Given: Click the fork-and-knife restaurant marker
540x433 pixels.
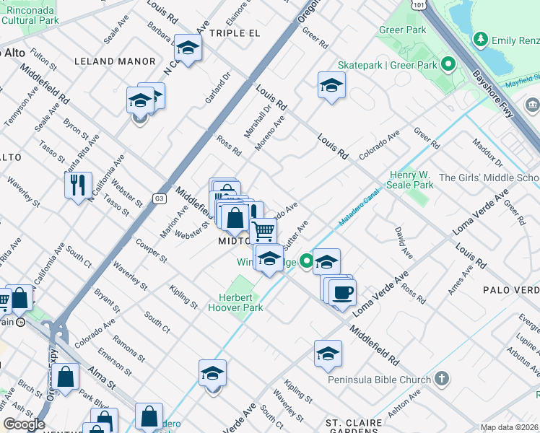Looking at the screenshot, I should (x=78, y=185).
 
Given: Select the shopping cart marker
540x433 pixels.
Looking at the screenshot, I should (x=264, y=231).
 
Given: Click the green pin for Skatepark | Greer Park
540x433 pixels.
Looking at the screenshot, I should (x=448, y=66).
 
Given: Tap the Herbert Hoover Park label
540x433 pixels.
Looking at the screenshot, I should (x=241, y=302).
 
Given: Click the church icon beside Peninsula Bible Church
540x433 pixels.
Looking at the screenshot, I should (x=442, y=379).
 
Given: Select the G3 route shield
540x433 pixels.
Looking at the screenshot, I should (x=159, y=198).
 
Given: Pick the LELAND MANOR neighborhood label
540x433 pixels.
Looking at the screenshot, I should (x=114, y=62).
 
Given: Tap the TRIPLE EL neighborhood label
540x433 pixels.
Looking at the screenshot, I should (x=233, y=33).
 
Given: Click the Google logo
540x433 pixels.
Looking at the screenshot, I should (x=24, y=424).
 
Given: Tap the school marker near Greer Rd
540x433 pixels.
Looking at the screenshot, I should (x=331, y=86).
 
